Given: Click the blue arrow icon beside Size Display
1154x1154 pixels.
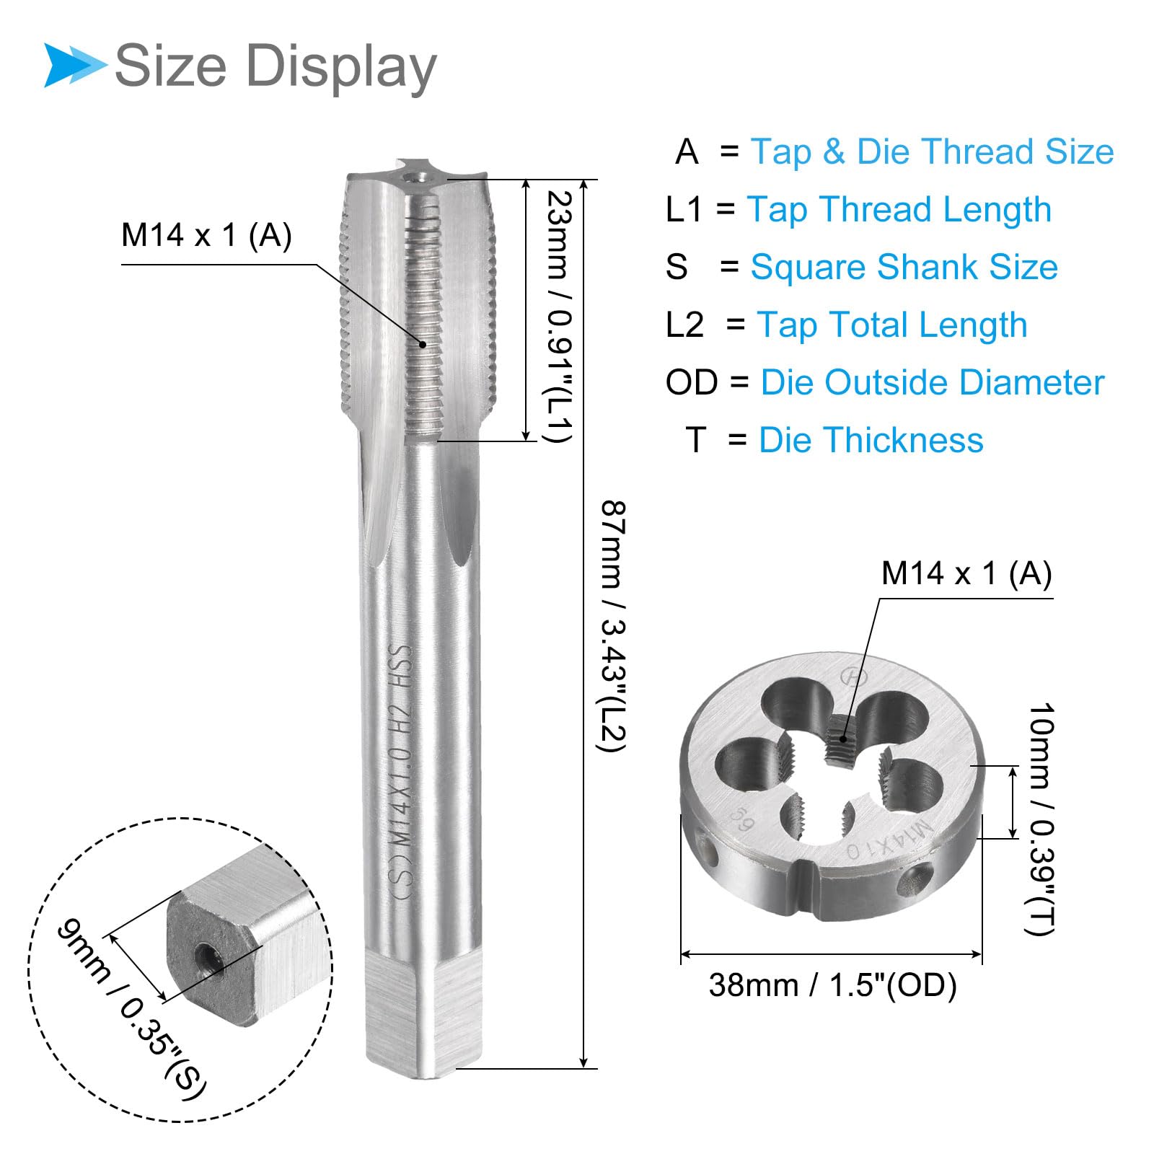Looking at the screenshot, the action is [75, 66].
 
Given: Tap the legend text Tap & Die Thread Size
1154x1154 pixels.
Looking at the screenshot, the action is [933, 152].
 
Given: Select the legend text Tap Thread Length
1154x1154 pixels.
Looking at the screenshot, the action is [899, 210].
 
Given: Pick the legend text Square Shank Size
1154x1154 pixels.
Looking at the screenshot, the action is [904, 268].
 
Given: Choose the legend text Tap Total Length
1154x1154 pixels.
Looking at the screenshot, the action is [892, 325].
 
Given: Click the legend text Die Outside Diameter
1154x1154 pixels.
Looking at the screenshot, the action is [933, 382].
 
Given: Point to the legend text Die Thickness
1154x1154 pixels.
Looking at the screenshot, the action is [871, 440].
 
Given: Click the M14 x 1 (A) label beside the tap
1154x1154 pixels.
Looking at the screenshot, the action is [206, 236].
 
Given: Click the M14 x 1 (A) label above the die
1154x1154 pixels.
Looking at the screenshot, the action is [966, 573].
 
